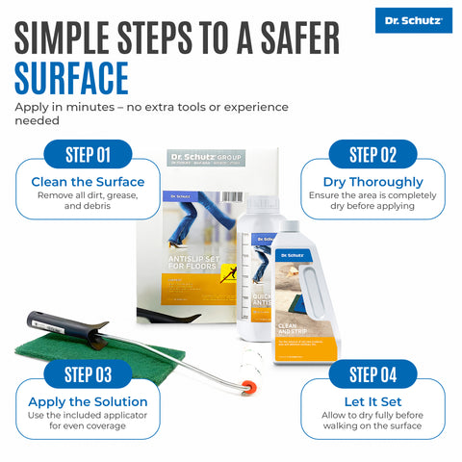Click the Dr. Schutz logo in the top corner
coord(413,20)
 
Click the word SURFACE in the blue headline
coord(71,78)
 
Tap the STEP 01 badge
coord(88,155)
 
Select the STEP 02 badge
coord(373,155)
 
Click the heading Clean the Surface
coord(88,182)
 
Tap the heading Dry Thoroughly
coord(374,182)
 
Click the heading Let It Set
coord(373,401)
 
